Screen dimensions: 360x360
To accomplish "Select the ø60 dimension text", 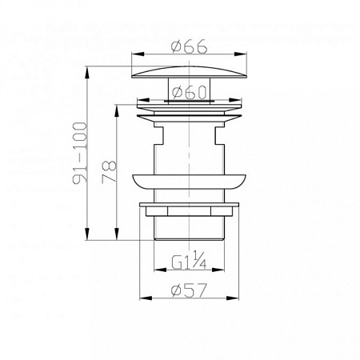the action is click(190, 92).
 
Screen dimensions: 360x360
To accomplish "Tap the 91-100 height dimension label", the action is click(80, 153).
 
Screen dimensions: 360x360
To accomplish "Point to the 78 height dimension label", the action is click(109, 171).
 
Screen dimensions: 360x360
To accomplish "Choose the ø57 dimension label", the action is click(190, 290).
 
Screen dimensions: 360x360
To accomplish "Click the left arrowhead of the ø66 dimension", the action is click(138, 54).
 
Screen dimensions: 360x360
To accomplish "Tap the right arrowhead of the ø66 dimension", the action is click(241, 54).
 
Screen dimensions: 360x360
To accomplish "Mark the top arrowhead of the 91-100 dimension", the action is click(86, 72).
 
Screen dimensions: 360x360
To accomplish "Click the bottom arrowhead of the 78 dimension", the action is click(117, 234).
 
